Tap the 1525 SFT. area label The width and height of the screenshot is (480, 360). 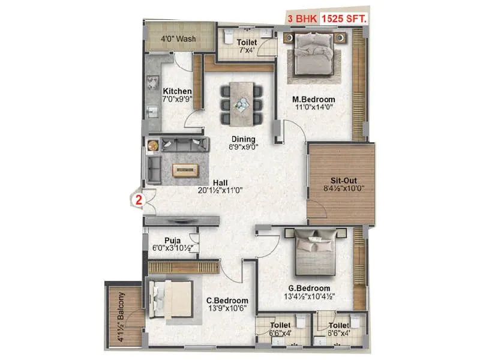(x=344, y=18)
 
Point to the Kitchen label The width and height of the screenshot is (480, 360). (x=177, y=91)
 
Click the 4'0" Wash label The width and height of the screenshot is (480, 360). (x=178, y=39)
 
